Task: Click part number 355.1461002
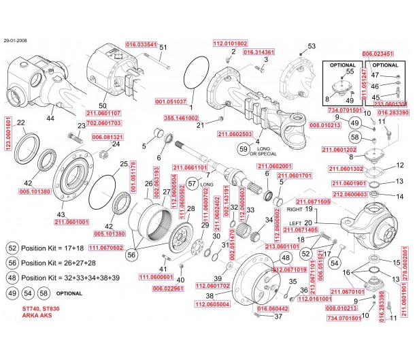pos(181,118)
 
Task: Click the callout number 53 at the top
pos(312,46)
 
